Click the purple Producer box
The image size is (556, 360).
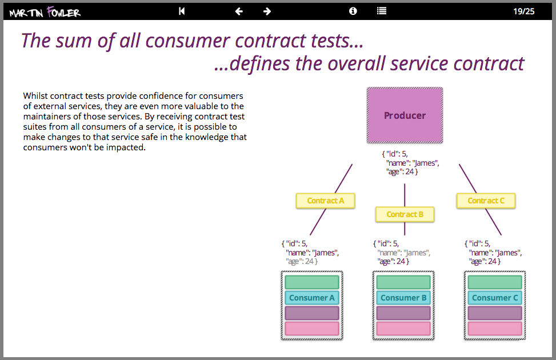click(405, 115)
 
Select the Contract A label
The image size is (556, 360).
click(325, 201)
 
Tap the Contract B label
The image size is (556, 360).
click(405, 214)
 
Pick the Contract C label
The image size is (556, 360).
click(486, 201)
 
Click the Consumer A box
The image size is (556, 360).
click(311, 298)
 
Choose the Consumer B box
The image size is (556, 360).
click(403, 298)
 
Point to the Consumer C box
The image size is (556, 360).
click(495, 298)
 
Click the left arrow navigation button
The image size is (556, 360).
click(239, 11)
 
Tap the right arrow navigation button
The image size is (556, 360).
click(267, 11)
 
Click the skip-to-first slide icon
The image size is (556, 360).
click(182, 11)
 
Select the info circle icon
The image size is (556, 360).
click(353, 11)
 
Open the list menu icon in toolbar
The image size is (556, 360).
click(382, 11)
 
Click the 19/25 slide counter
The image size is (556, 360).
click(523, 11)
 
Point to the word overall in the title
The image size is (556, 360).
click(384, 64)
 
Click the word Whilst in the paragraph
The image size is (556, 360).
click(35, 95)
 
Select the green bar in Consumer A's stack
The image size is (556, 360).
click(311, 282)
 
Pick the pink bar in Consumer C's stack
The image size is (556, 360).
click(495, 329)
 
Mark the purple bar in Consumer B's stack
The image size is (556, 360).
click(403, 313)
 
